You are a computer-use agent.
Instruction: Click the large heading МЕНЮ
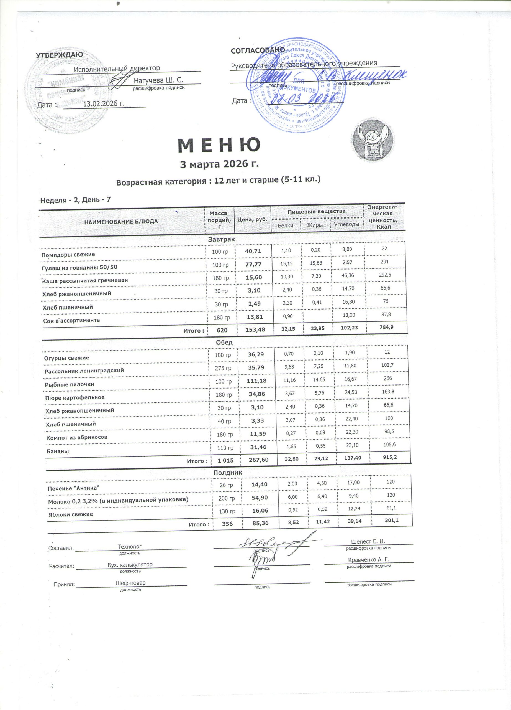tap(219, 145)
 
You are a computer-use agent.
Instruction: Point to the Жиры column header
tap(315, 225)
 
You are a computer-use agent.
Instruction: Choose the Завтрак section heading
tap(222, 239)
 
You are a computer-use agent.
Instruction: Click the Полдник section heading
tap(228, 473)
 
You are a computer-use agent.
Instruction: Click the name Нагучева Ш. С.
tap(158, 80)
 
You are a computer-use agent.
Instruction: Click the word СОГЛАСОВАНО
tap(258, 50)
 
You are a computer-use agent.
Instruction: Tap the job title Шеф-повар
tap(130, 583)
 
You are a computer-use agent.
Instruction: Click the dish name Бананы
tap(58, 452)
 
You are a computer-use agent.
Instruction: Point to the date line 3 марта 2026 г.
tap(220, 164)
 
